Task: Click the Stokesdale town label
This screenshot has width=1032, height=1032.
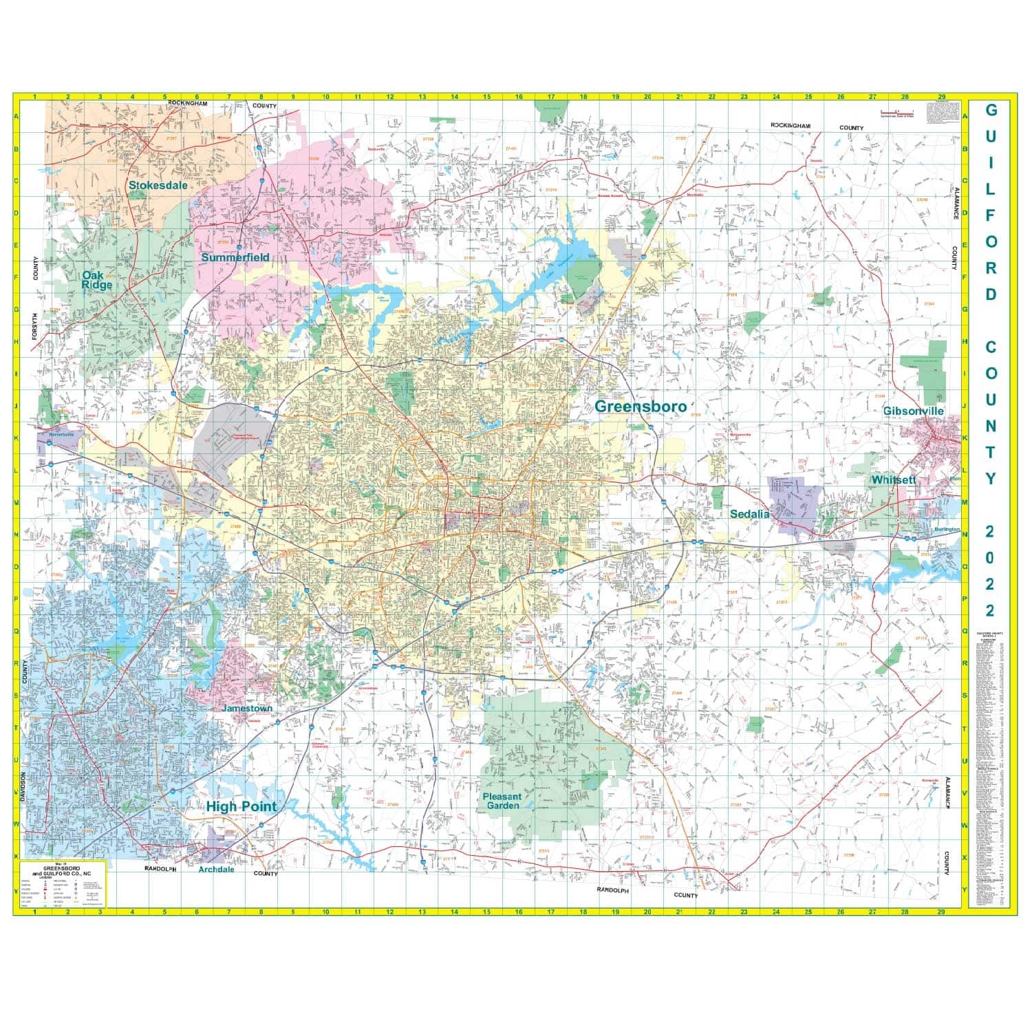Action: [x=158, y=185]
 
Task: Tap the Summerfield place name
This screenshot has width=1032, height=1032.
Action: [x=235, y=257]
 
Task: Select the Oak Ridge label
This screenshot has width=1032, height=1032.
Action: [x=97, y=279]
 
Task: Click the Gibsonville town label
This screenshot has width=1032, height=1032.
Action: [x=913, y=411]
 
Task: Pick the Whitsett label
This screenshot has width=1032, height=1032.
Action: [x=893, y=480]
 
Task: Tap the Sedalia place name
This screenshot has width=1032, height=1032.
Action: [x=749, y=513]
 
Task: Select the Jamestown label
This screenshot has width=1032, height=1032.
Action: [x=247, y=708]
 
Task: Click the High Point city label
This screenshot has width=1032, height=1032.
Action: [x=241, y=806]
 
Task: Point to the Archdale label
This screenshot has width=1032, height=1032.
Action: [x=216, y=869]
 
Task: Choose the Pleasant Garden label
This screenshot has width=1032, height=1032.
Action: [x=503, y=801]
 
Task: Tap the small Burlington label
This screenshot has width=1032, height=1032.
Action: [x=947, y=530]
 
